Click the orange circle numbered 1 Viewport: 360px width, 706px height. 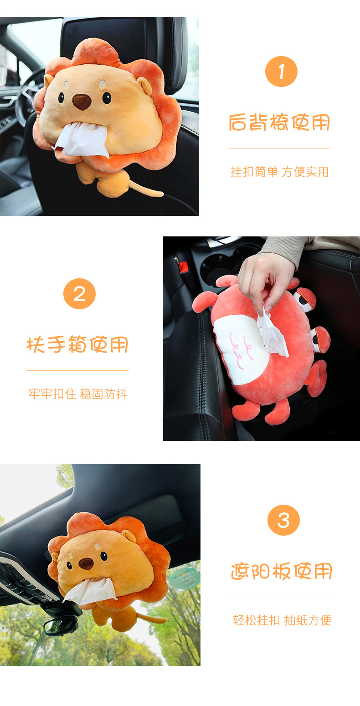tap(281, 71)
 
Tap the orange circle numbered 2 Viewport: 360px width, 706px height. tap(79, 294)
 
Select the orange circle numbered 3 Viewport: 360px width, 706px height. tap(283, 520)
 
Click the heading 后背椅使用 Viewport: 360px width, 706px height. tap(279, 123)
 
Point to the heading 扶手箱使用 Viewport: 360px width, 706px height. tap(77, 345)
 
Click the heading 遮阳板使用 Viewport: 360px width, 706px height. tap(282, 571)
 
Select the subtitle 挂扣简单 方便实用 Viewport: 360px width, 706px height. tap(279, 172)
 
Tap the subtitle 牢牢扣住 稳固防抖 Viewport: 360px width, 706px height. tap(78, 394)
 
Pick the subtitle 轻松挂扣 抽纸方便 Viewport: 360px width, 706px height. tap(282, 620)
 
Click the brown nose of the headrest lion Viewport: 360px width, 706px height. tap(82, 102)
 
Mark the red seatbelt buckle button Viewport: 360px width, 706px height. tap(183, 267)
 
